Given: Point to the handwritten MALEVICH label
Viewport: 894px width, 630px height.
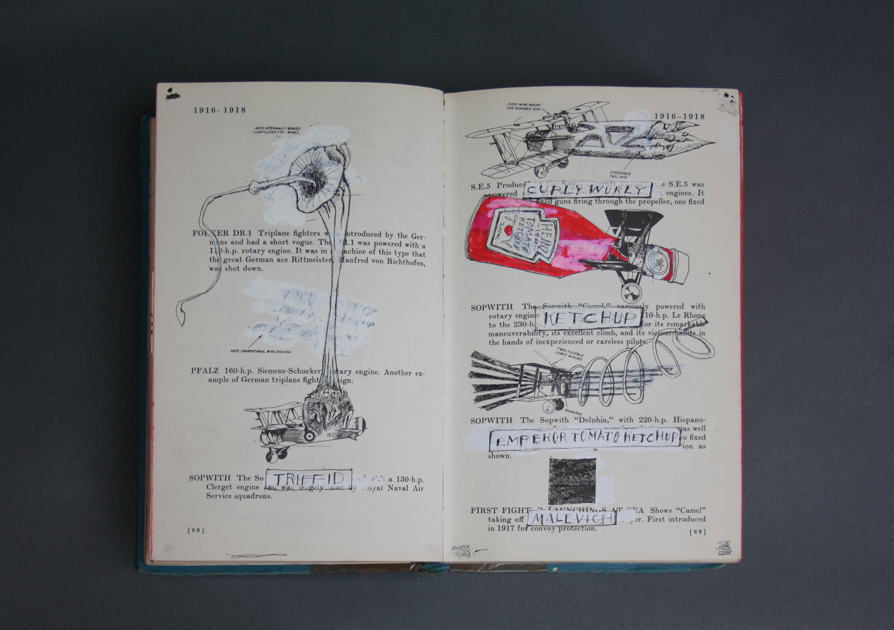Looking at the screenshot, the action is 572,518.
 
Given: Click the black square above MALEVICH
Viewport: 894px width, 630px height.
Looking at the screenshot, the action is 572,480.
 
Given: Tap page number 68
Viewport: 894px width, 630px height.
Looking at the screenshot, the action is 196,530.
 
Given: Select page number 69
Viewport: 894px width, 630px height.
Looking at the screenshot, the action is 697,532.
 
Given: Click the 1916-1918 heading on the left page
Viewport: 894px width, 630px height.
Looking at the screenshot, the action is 220,110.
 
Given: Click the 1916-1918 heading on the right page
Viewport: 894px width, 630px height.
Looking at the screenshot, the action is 679,116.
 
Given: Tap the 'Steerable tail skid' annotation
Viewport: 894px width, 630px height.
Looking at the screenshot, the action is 620,175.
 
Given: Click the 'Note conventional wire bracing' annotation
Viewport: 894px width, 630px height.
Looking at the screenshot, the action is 260,351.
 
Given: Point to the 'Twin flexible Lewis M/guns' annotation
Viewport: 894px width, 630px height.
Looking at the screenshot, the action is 569,354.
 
